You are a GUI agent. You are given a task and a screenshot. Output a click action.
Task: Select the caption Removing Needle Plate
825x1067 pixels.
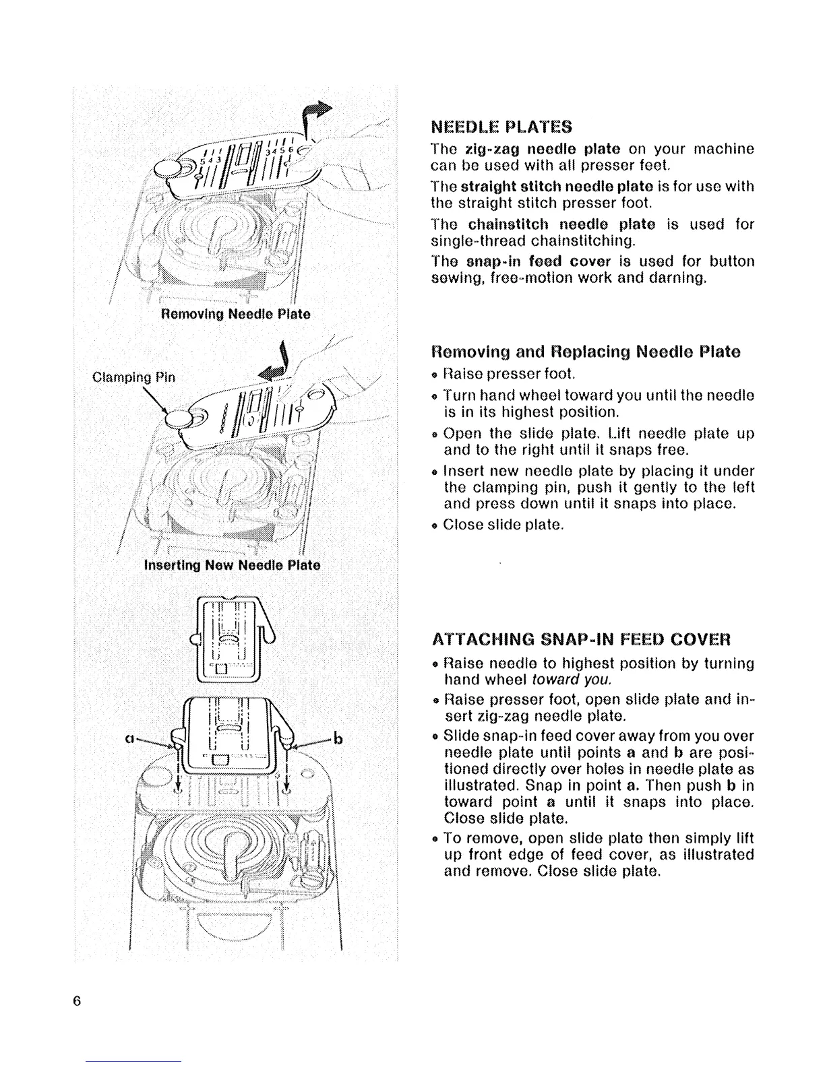pyautogui.click(x=235, y=314)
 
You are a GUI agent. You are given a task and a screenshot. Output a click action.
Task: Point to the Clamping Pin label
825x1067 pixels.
pyautogui.click(x=133, y=377)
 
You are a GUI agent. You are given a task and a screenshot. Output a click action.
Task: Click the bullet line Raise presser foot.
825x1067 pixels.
pyautogui.click(x=509, y=373)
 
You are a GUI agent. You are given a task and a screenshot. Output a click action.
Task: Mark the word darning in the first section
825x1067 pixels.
pyautogui.click(x=676, y=278)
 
